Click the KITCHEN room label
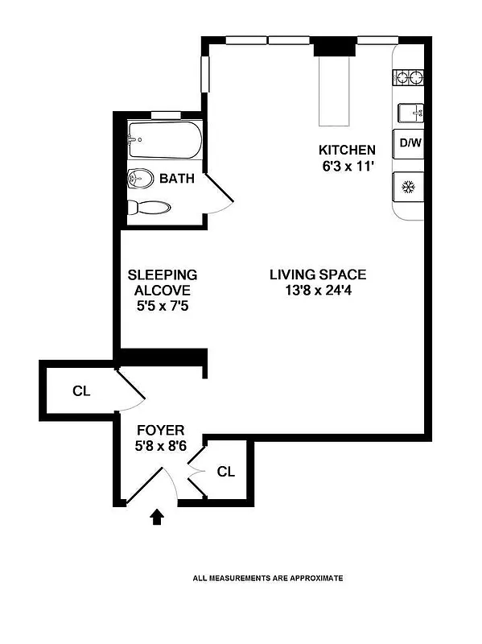click(347, 150)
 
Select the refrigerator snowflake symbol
click(408, 188)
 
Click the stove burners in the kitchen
click(408, 78)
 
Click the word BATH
click(176, 178)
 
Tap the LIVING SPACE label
click(318, 275)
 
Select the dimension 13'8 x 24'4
click(318, 291)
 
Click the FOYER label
click(161, 430)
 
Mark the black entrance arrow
click(158, 516)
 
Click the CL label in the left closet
click(80, 392)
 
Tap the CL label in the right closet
click(226, 471)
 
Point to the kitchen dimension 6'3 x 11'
click(347, 166)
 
